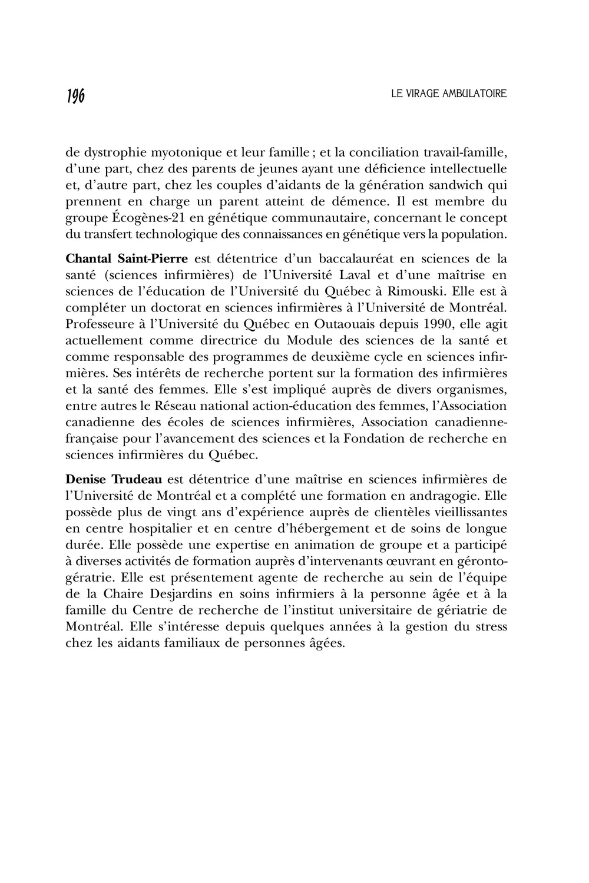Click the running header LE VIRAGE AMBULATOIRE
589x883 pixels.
(x=448, y=94)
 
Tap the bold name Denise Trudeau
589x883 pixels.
(x=114, y=480)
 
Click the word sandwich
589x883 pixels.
(x=456, y=185)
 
